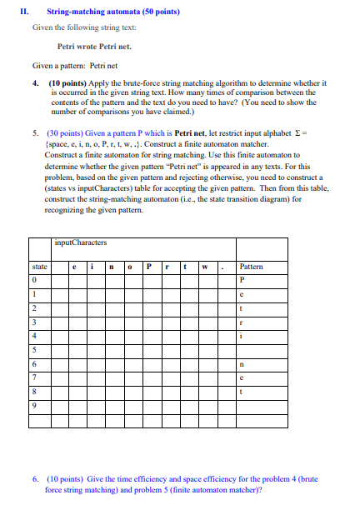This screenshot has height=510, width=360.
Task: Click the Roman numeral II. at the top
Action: [24, 12]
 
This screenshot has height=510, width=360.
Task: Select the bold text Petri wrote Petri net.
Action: [94, 47]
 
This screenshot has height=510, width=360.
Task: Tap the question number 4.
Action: [35, 83]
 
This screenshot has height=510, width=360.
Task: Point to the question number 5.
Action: [35, 132]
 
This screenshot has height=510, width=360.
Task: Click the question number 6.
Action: [35, 479]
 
